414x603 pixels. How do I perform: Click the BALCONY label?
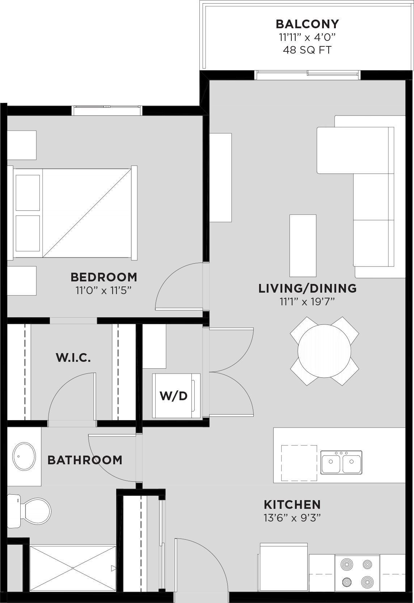307,24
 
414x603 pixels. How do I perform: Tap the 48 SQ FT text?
307,50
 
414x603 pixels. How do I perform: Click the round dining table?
324,351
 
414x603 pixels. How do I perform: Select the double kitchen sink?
341,462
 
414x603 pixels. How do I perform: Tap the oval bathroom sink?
24,456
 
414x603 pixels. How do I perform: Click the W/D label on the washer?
174,396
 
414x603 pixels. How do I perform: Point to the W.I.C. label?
73,358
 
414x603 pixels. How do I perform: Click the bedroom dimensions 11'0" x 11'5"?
103,290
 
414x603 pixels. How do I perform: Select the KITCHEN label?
292,504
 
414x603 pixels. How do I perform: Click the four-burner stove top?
357,573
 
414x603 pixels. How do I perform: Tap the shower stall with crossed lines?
73,568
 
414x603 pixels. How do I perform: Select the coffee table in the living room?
303,246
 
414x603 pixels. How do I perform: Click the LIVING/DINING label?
307,288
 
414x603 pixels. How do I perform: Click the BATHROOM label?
85,460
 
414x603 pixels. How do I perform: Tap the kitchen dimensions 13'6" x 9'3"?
292,518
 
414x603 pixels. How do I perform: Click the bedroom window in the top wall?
107,110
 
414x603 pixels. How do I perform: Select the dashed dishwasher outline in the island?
299,463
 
